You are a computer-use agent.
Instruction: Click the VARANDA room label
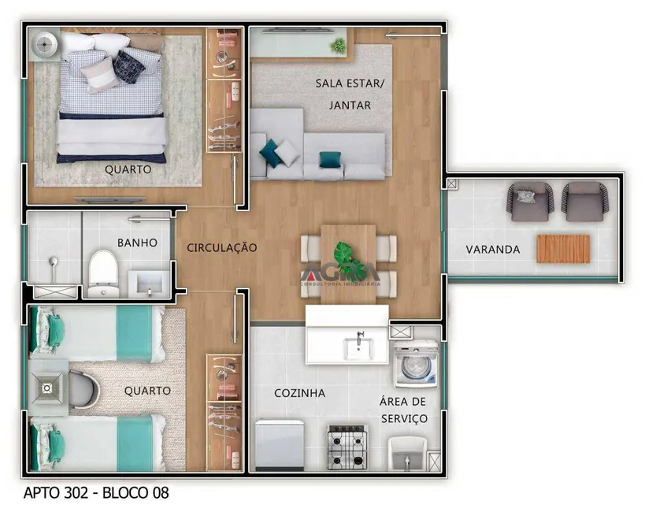point(492,249)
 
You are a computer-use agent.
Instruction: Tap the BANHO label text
point(137,243)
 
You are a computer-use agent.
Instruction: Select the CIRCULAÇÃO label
point(221,247)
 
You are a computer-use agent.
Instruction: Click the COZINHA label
point(299,392)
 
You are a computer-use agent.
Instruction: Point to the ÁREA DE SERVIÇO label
point(404,410)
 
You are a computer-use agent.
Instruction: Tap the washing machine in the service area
point(416,365)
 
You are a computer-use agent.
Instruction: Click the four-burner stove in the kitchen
point(347,447)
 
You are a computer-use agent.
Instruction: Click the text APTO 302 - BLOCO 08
point(96,494)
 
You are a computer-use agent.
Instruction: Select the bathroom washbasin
point(148,280)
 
